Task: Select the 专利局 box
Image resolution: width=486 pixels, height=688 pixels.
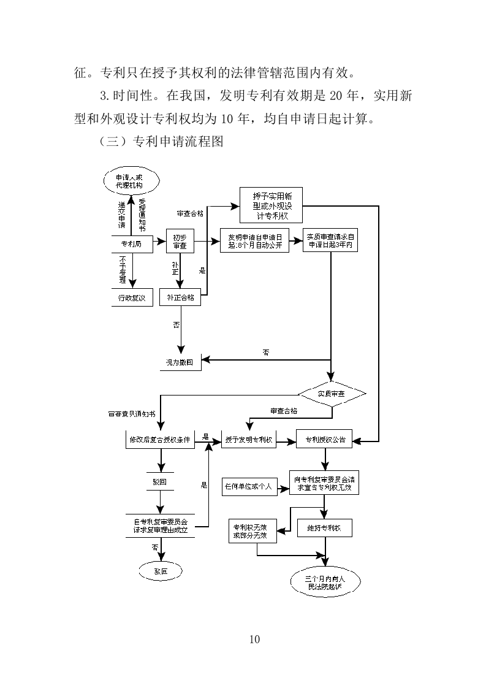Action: [131, 243]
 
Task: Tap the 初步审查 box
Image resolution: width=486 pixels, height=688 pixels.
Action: [180, 242]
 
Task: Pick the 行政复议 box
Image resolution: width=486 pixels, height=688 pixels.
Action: [131, 297]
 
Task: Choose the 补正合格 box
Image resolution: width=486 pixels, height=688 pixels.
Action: [180, 297]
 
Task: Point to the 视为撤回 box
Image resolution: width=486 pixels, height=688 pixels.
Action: [179, 362]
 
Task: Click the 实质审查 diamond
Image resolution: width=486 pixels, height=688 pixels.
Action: [332, 392]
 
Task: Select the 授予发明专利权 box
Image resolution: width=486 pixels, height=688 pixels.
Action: [249, 440]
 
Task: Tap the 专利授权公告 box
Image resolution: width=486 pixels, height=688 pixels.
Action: [324, 440]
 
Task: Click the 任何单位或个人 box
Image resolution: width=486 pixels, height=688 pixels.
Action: [247, 487]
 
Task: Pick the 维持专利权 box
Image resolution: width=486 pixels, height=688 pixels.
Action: [325, 527]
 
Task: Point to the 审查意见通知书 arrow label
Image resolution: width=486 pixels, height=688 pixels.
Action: [131, 414]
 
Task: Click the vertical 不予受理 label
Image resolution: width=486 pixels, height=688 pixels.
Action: [123, 269]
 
